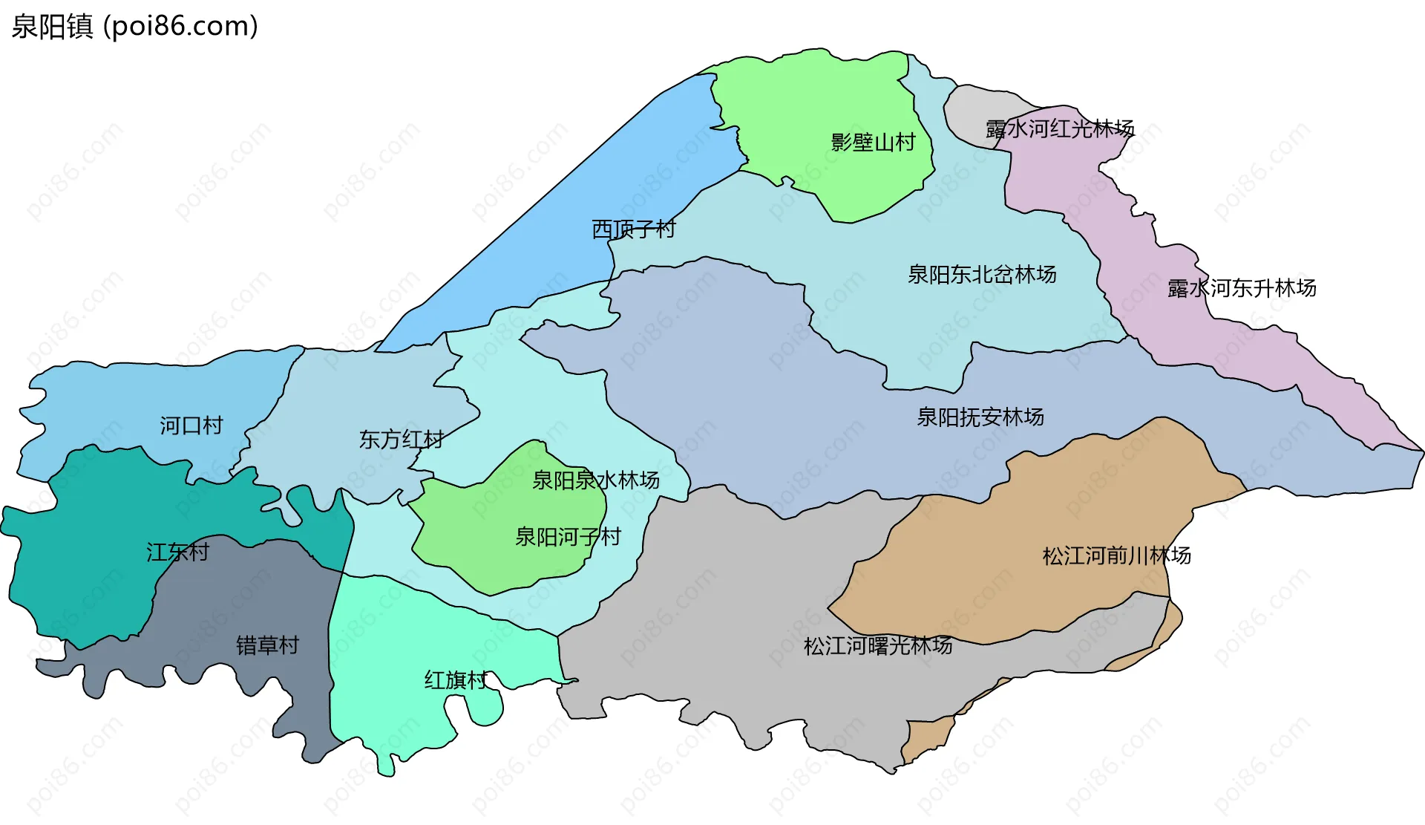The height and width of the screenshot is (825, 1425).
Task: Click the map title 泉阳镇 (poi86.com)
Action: [x=134, y=26]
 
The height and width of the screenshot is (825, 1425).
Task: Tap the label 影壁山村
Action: [x=873, y=142]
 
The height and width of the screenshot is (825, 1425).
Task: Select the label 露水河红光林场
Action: [x=1060, y=128]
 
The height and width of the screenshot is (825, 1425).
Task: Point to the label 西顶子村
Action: [x=633, y=229]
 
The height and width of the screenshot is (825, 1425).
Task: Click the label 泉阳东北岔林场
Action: [x=982, y=274]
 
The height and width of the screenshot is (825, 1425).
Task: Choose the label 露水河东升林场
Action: [x=1242, y=287]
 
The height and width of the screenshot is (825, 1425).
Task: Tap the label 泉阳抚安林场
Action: [x=980, y=417]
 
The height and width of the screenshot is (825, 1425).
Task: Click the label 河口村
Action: [x=191, y=425]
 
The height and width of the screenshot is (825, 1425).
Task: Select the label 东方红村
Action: [x=402, y=439]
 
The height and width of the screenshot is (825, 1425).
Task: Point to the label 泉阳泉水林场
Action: [x=596, y=480]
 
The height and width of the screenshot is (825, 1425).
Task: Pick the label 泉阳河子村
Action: [x=568, y=536]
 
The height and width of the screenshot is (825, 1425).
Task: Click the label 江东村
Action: [x=178, y=552]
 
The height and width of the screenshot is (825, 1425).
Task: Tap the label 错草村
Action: [x=267, y=645]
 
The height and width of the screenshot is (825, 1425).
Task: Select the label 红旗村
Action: [x=456, y=679]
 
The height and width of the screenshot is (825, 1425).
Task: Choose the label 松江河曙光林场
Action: [x=878, y=645]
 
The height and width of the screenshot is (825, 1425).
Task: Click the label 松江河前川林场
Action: [x=1116, y=555]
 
